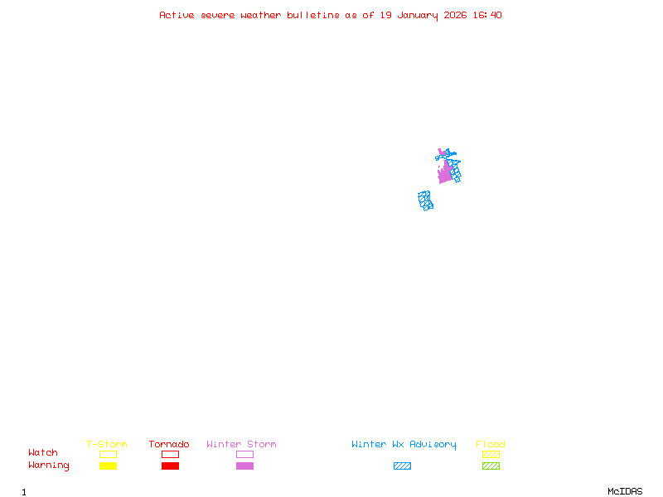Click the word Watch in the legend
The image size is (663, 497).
(x=43, y=453)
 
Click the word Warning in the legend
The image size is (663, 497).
(x=49, y=466)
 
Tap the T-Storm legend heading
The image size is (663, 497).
(x=107, y=445)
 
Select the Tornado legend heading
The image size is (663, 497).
(x=169, y=445)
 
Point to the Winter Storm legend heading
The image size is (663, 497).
(x=241, y=445)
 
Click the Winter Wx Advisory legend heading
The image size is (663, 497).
(x=404, y=445)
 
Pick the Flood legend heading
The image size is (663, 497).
(x=491, y=445)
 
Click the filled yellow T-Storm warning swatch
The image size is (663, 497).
(x=108, y=466)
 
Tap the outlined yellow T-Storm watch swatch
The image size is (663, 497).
(x=108, y=454)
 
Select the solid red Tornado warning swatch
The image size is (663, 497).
(x=170, y=466)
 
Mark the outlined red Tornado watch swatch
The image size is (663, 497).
(x=170, y=454)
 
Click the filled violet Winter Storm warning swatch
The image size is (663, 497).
(x=244, y=466)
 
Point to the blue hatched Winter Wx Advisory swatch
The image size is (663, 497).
(x=402, y=466)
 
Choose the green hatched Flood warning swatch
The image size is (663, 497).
(x=491, y=466)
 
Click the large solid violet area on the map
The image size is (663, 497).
(x=445, y=174)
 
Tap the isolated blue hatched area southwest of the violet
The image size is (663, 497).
(x=426, y=200)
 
